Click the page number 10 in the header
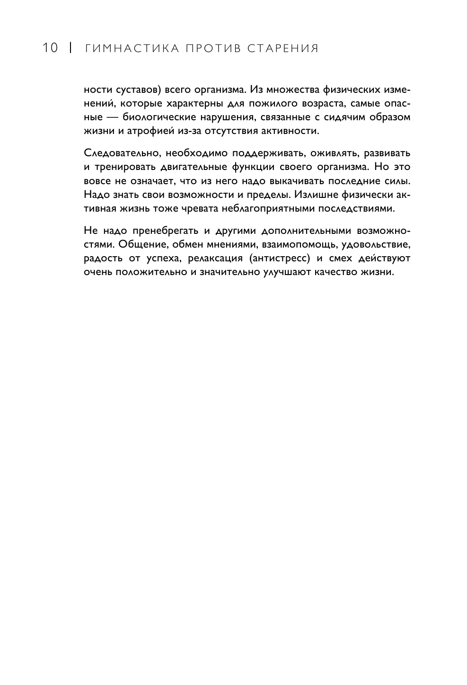[50, 48]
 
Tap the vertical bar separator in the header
[70, 48]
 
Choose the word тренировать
[119, 167]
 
